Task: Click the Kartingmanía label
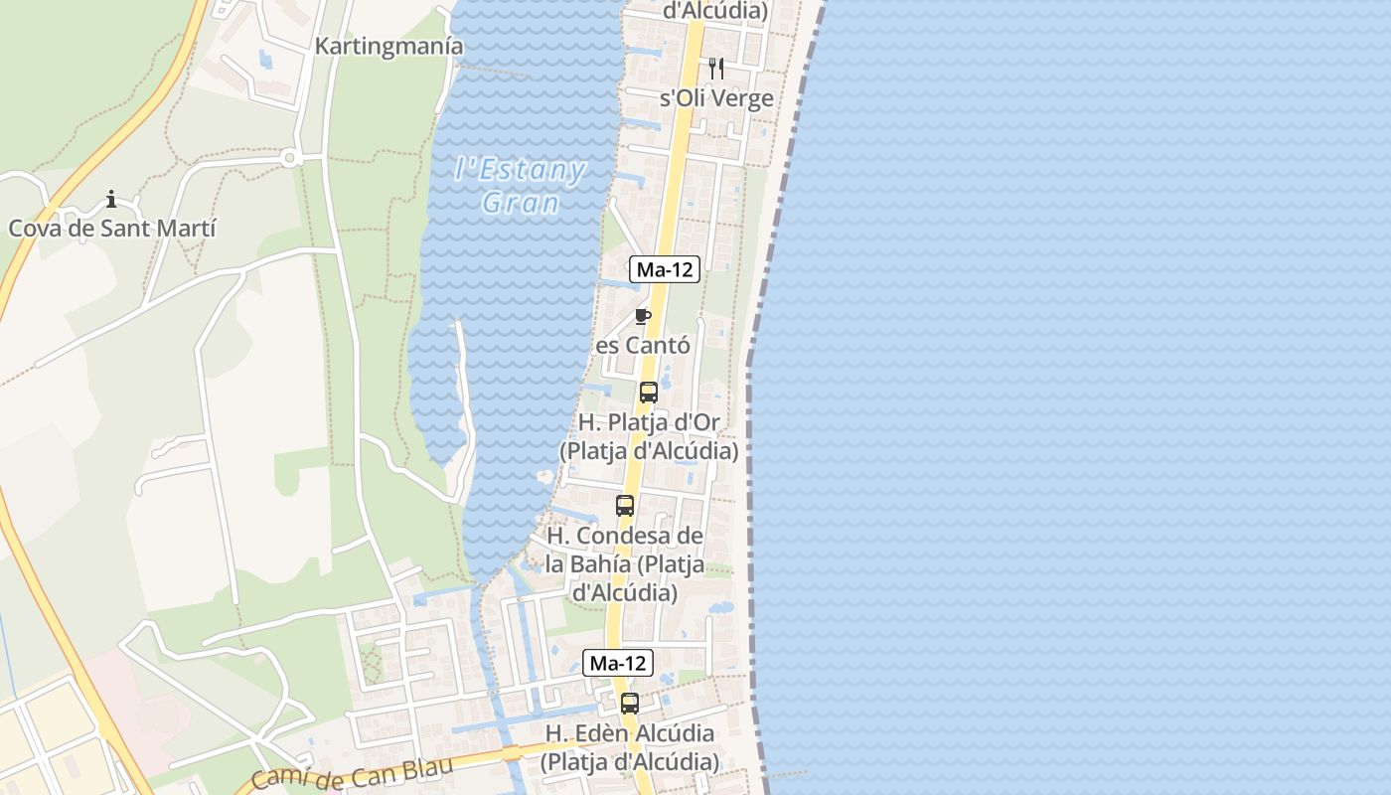pos(388,46)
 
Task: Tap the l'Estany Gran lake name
pos(520,185)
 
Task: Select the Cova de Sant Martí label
pos(112,228)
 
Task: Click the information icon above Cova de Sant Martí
pos(111,199)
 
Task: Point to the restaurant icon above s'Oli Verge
pos(716,68)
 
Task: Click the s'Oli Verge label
pos(716,98)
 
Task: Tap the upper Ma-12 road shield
pos(665,268)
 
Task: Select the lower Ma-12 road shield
pos(617,662)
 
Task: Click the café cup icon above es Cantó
pos(643,316)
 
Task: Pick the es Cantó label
pos(642,346)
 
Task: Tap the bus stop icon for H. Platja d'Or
pos(649,392)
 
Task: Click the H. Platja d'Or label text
pos(649,422)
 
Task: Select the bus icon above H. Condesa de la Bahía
pos(625,505)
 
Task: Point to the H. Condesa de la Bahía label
pos(626,563)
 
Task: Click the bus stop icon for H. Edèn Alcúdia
pos(630,704)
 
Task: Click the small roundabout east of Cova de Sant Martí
pos(289,157)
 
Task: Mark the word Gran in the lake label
pos(520,203)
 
